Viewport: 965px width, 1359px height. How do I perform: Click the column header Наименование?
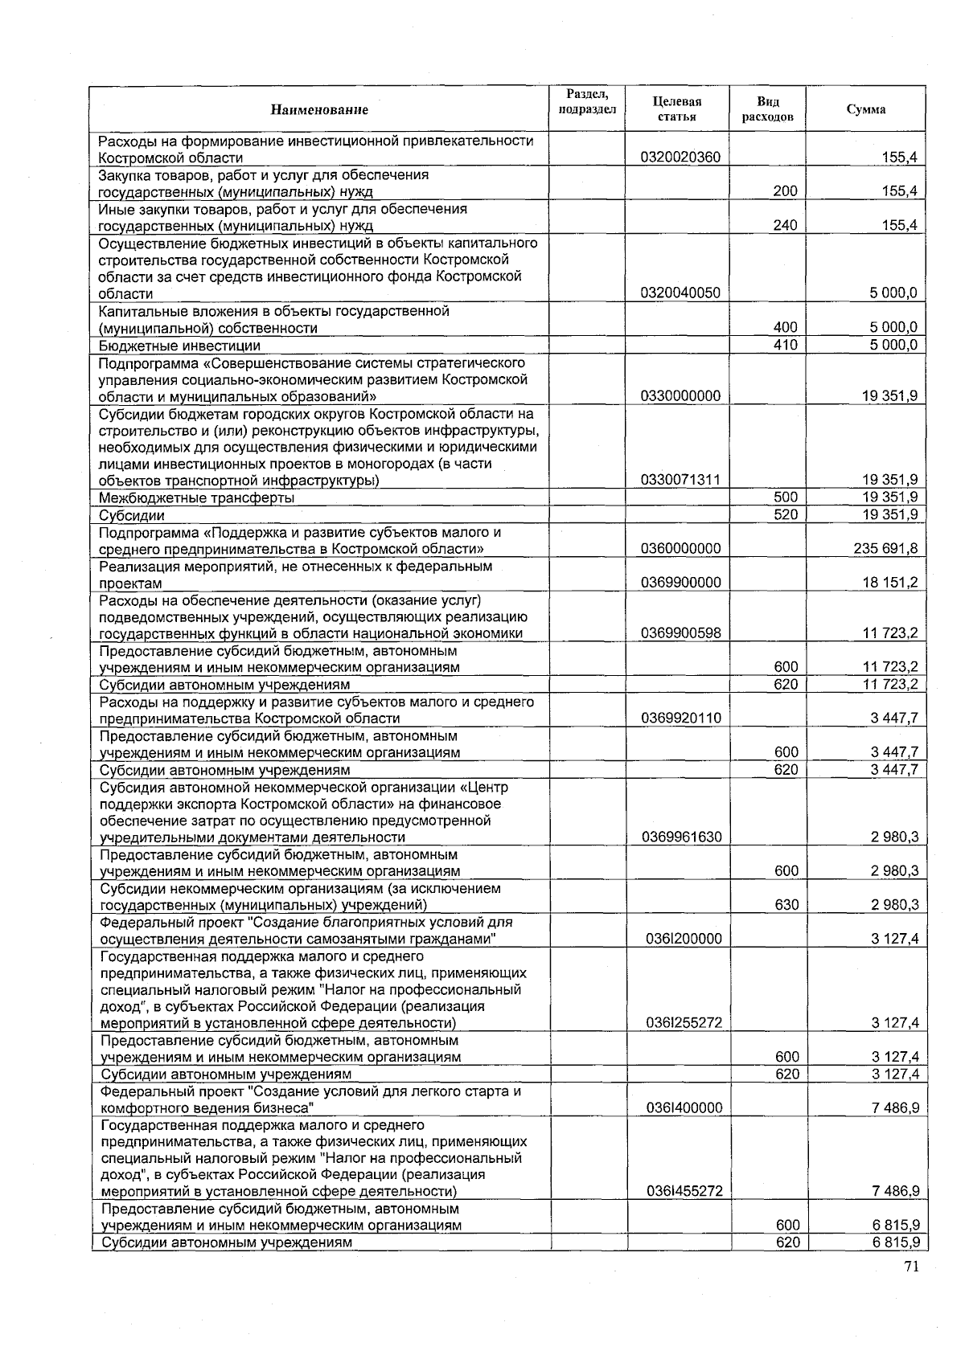(319, 109)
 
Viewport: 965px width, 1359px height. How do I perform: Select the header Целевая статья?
(677, 108)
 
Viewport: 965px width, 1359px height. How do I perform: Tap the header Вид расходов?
(767, 108)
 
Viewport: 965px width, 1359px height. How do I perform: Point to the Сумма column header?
(866, 109)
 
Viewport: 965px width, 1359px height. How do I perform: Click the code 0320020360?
(680, 158)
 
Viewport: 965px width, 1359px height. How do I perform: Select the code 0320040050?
(680, 293)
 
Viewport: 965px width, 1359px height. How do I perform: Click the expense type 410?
(785, 345)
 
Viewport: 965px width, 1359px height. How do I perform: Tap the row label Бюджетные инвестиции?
(179, 346)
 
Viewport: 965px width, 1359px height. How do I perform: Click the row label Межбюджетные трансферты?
(196, 497)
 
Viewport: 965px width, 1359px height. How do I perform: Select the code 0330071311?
(680, 481)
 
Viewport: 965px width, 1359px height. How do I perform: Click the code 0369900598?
(680, 633)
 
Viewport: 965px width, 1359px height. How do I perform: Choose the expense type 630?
(786, 905)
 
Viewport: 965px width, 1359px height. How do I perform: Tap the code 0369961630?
(681, 837)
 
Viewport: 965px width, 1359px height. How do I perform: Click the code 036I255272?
(684, 1023)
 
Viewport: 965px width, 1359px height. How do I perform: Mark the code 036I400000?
(684, 1108)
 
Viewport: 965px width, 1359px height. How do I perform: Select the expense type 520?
(785, 514)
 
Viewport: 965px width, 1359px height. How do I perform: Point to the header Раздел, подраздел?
(587, 102)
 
